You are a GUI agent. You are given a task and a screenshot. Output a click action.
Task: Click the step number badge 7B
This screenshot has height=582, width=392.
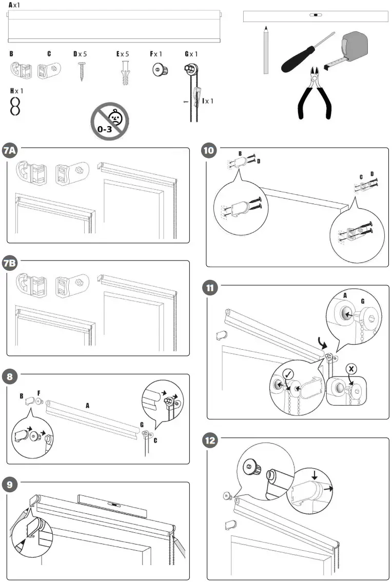click(x=10, y=263)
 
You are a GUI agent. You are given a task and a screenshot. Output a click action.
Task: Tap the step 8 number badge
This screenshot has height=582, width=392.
click(x=9, y=376)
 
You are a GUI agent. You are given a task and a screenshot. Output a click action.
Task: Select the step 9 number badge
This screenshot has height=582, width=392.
click(x=9, y=484)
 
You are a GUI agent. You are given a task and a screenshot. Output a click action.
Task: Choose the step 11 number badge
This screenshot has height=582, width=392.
click(x=209, y=288)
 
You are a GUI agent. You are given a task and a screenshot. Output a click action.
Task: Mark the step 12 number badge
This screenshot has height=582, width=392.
click(x=209, y=440)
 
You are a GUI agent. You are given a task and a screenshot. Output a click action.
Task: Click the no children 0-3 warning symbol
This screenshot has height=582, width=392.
click(x=110, y=121)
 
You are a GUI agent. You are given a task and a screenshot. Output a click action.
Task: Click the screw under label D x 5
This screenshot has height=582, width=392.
click(x=81, y=71)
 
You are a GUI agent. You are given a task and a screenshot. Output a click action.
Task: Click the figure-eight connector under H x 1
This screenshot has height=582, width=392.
click(x=16, y=106)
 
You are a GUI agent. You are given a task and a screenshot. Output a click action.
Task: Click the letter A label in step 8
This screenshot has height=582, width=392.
click(x=88, y=405)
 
